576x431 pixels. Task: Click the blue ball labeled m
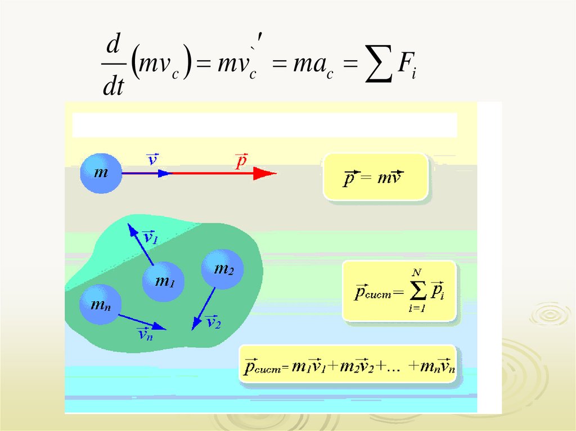point(101,173)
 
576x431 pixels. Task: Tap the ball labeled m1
point(163,282)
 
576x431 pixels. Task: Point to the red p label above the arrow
point(241,162)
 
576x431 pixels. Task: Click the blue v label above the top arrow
point(152,160)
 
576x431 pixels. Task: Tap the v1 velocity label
point(150,238)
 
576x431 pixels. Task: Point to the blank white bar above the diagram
point(264,125)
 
